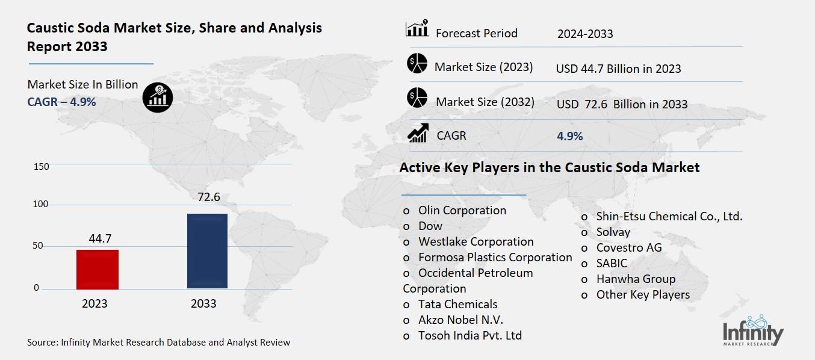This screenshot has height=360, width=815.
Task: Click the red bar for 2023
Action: [x=98, y=269]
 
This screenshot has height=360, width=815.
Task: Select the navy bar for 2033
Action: [x=207, y=251]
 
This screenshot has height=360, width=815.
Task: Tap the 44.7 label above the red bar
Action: [x=100, y=239]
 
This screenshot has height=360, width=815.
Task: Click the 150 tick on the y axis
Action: [x=41, y=166]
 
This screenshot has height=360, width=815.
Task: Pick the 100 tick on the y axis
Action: [x=41, y=205]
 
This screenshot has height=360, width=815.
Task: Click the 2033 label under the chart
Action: [x=203, y=303]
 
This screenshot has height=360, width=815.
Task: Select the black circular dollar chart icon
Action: [x=158, y=96]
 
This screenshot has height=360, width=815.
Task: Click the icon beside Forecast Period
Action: [x=417, y=28]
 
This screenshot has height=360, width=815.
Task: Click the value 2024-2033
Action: [x=585, y=34]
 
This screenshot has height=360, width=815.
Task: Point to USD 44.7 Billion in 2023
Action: [x=618, y=69]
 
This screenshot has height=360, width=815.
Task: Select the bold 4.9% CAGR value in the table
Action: [x=569, y=136]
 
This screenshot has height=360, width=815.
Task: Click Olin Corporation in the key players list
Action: [x=462, y=210]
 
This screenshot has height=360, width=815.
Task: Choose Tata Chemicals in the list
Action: [x=457, y=304]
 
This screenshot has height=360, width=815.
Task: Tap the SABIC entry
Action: [x=611, y=263]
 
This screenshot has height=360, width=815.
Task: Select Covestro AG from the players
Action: [x=628, y=247]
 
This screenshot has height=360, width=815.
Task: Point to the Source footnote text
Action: [x=158, y=342]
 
